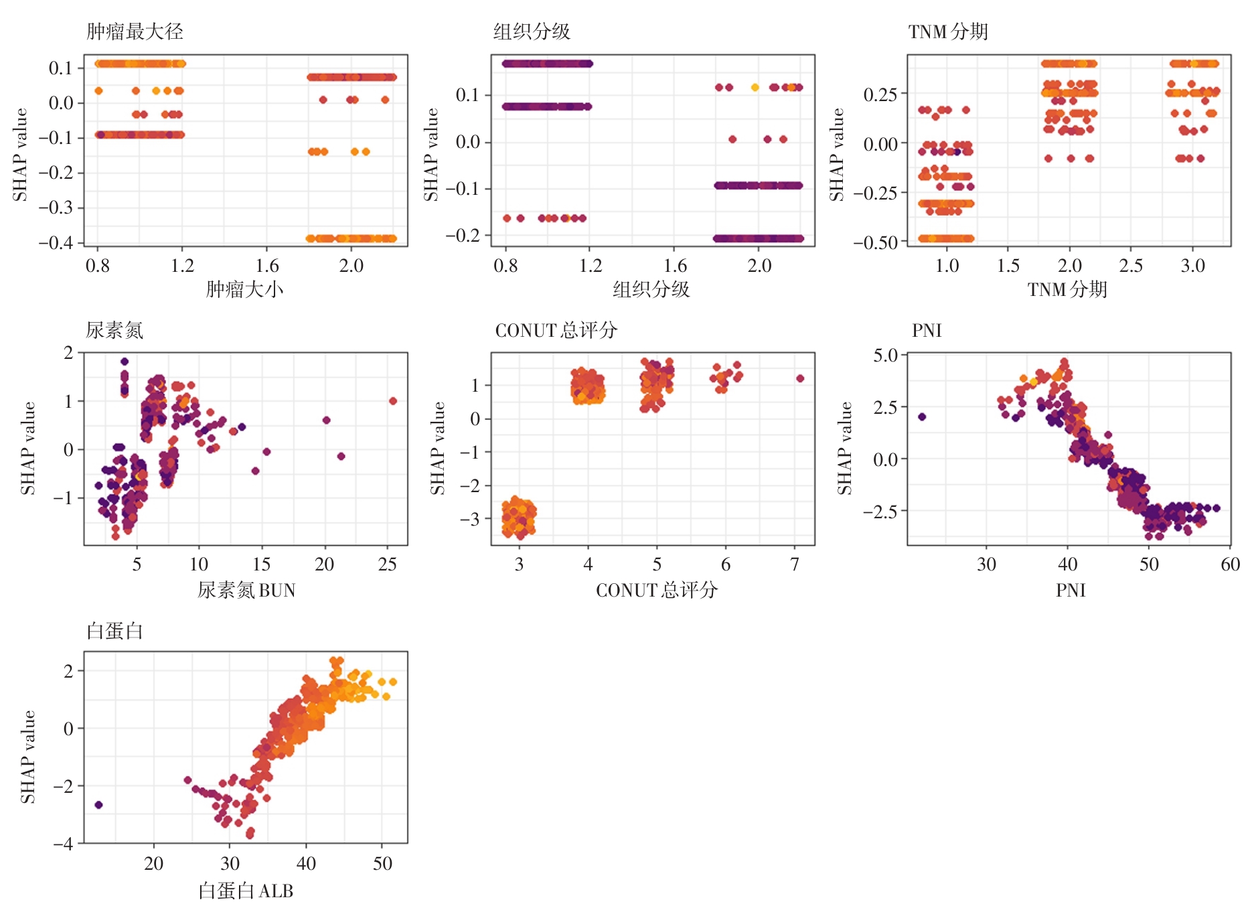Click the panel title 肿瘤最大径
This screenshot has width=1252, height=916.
[135, 31]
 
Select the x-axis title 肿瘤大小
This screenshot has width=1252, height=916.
[244, 289]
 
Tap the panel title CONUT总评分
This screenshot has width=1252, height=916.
[556, 330]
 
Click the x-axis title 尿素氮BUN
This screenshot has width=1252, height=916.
[246, 590]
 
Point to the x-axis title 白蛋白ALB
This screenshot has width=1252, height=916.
[246, 891]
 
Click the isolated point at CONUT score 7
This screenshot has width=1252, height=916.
[800, 378]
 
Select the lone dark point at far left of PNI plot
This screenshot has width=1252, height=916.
[922, 416]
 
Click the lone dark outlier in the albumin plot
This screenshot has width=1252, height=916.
[98, 805]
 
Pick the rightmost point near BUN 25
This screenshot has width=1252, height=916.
[393, 401]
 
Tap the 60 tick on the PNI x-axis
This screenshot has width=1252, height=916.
[1230, 564]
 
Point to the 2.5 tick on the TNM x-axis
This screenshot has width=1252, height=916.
[1131, 266]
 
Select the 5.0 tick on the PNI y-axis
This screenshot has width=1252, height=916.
[885, 355]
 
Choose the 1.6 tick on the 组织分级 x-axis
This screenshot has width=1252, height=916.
[675, 266]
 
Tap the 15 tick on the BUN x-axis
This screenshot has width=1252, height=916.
[261, 564]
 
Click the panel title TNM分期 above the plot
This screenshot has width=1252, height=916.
[947, 31]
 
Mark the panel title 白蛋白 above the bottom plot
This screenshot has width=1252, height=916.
[114, 631]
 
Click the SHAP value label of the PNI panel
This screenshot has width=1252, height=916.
[845, 448]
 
